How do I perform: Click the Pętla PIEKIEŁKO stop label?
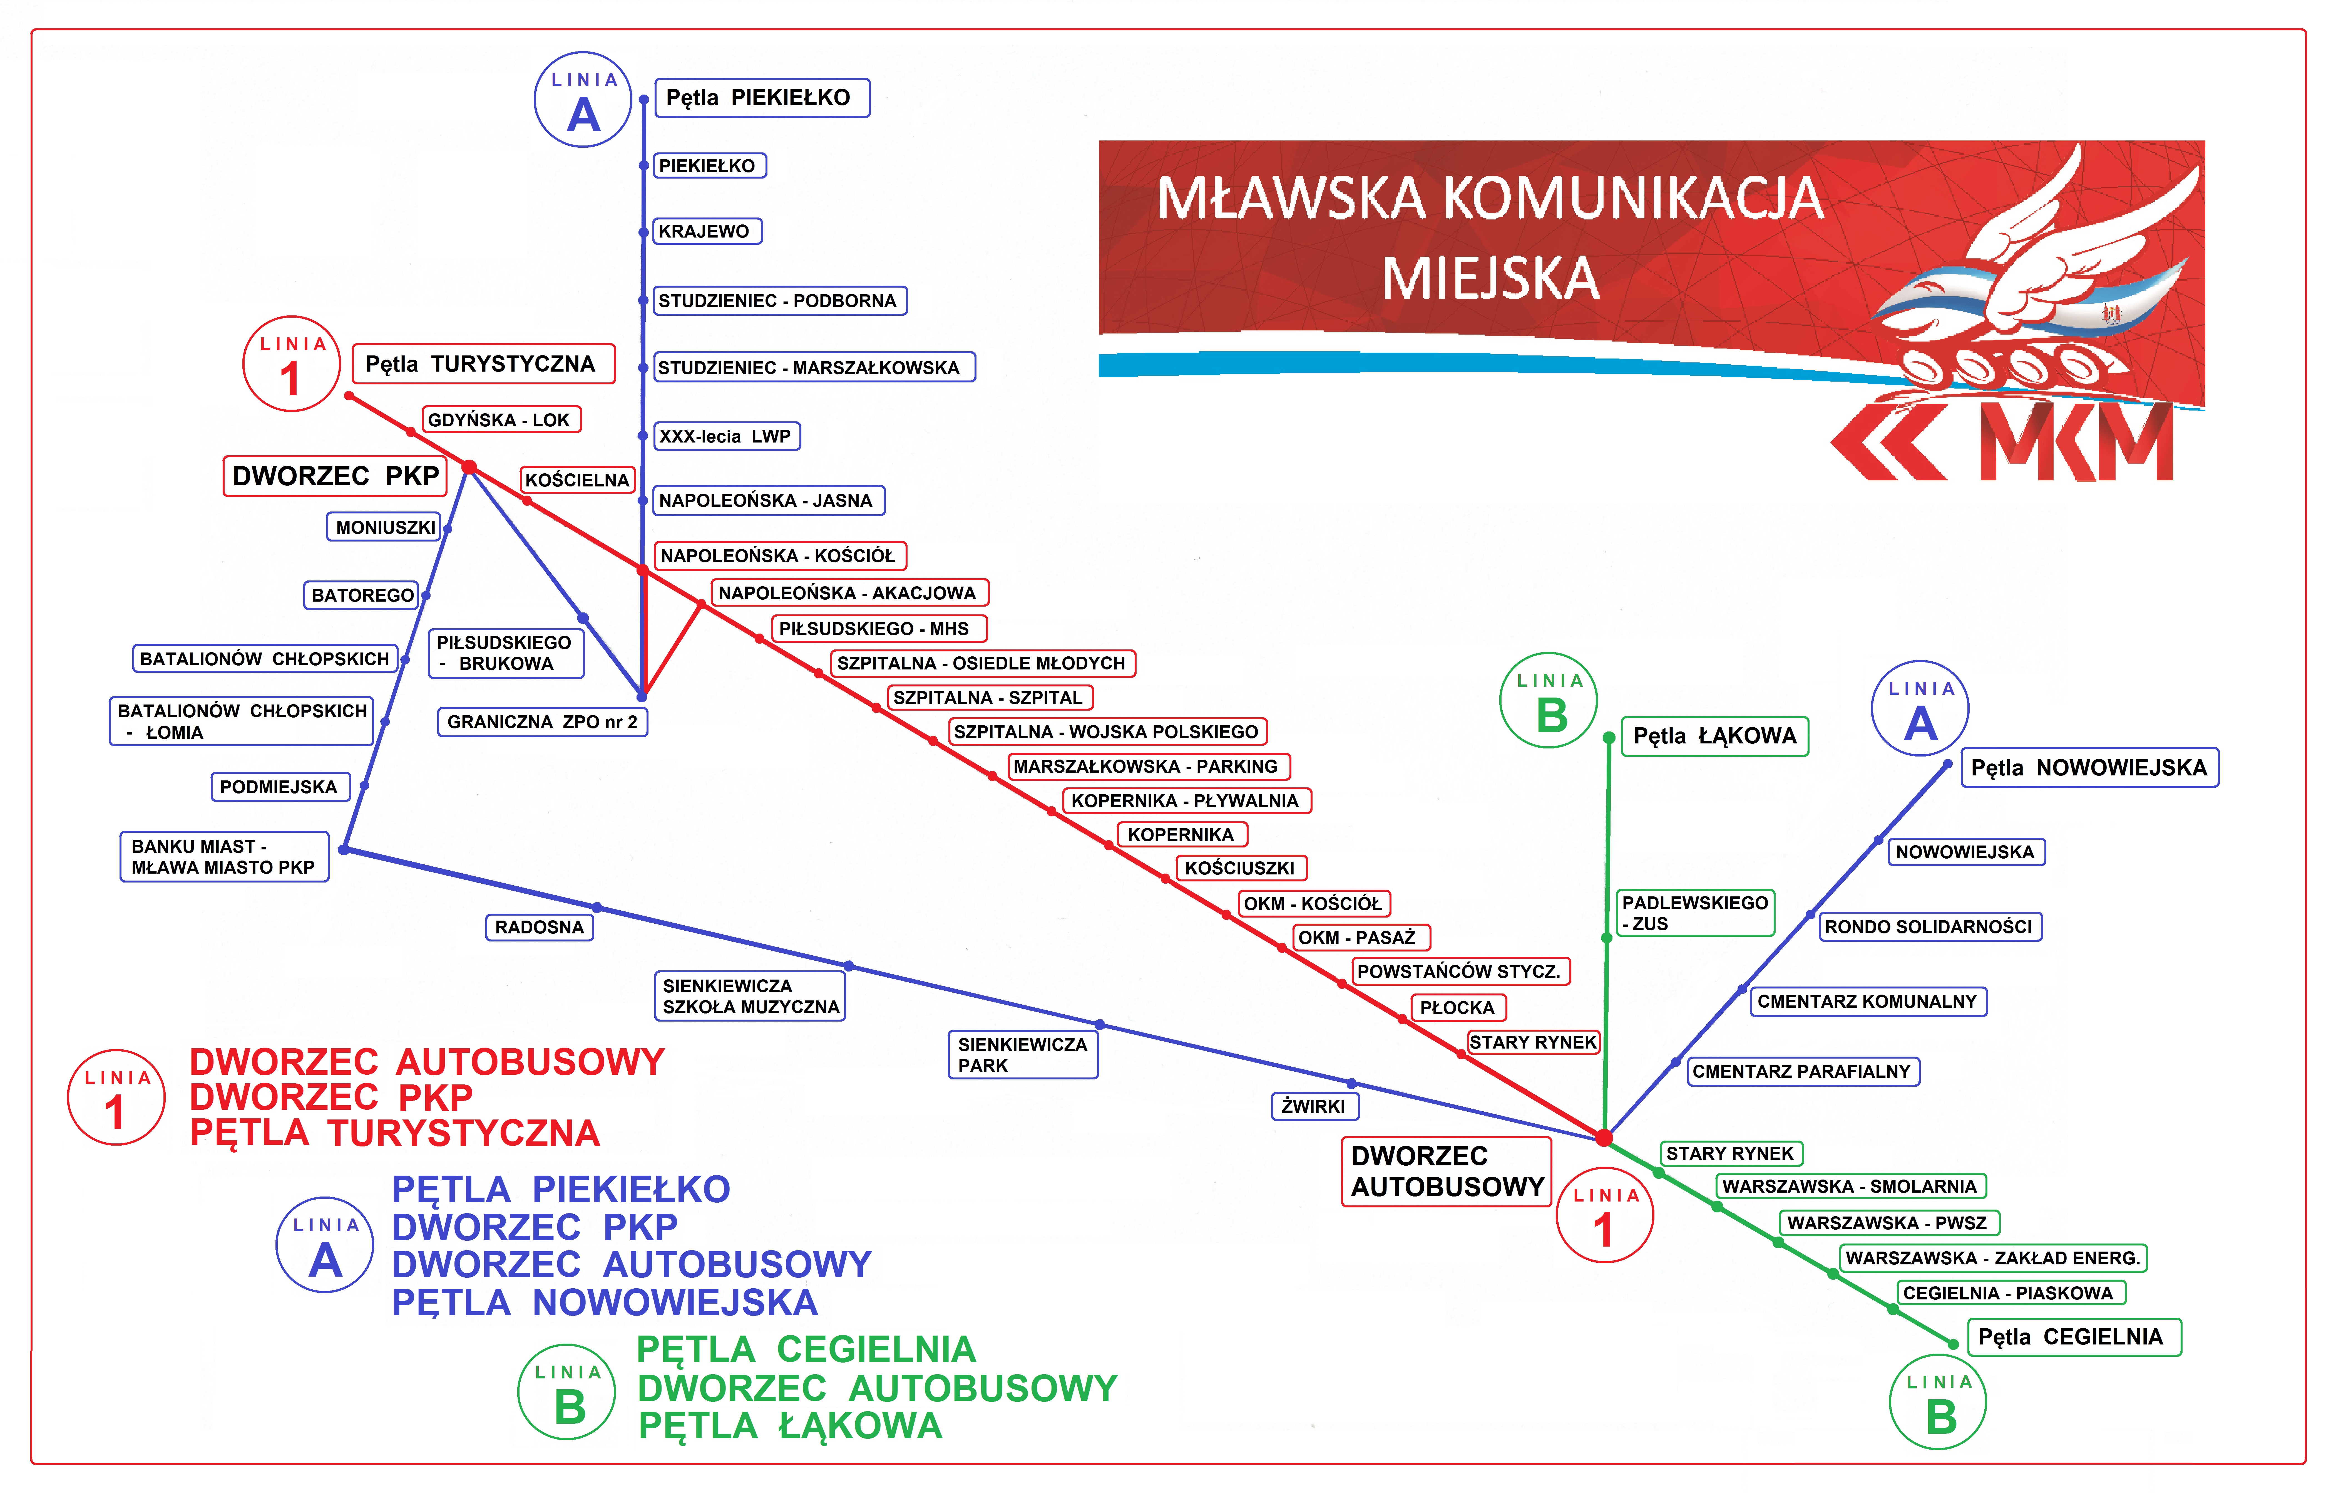[x=762, y=97]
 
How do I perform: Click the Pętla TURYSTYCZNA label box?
[x=483, y=364]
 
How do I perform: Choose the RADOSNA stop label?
[x=540, y=927]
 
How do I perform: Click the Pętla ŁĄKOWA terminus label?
[x=1715, y=736]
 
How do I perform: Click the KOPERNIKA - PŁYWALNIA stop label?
[x=1186, y=800]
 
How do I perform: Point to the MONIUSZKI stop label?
[x=384, y=527]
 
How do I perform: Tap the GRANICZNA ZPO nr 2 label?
[x=543, y=722]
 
